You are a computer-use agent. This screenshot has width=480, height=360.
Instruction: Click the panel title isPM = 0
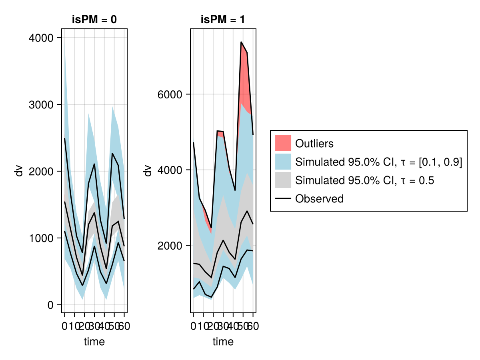click(94, 20)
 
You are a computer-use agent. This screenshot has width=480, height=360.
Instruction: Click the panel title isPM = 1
click(223, 20)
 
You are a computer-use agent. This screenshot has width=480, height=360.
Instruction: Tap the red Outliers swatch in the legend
click(283, 143)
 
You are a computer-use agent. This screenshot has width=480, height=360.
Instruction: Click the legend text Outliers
click(314, 143)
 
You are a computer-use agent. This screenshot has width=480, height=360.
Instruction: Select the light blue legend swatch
click(283, 162)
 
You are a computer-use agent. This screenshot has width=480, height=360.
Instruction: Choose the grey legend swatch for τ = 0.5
click(283, 180)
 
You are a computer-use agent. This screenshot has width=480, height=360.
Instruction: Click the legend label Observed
click(319, 199)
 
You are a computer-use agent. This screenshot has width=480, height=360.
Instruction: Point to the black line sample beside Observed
click(283, 199)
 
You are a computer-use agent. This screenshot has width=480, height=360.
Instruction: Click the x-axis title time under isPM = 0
click(94, 342)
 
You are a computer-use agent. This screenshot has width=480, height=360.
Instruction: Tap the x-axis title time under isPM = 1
click(223, 342)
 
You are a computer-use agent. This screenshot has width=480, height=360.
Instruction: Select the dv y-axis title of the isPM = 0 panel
click(18, 171)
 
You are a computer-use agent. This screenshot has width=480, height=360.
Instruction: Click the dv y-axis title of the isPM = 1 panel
click(148, 171)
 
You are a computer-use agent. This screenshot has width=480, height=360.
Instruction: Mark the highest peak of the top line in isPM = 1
click(241, 42)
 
